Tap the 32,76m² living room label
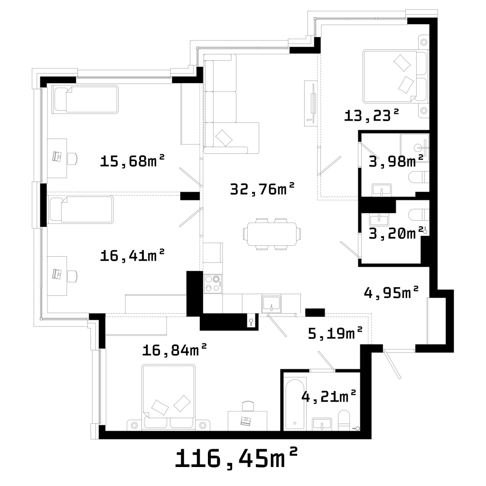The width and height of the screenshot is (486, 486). [262, 188]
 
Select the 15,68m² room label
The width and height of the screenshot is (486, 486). [132, 160]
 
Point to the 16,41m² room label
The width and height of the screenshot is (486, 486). [132, 255]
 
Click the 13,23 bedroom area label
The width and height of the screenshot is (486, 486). [371, 115]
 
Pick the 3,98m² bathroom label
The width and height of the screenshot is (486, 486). [396, 161]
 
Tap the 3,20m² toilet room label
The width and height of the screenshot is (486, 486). [396, 233]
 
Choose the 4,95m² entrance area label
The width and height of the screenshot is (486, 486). [391, 292]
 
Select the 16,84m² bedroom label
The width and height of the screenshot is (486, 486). [175, 350]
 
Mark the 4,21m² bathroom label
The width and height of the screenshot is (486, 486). [328, 396]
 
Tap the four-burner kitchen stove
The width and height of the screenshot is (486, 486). [213, 283]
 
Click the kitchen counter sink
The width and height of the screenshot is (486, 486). [271, 304]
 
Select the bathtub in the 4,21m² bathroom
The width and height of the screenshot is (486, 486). [295, 403]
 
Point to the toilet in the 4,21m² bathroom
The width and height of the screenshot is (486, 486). [344, 420]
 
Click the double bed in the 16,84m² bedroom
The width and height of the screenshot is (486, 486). [169, 397]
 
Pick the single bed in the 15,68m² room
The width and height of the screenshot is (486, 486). [85, 100]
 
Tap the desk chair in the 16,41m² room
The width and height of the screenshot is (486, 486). [73, 276]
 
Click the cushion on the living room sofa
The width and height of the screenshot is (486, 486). [224, 138]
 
